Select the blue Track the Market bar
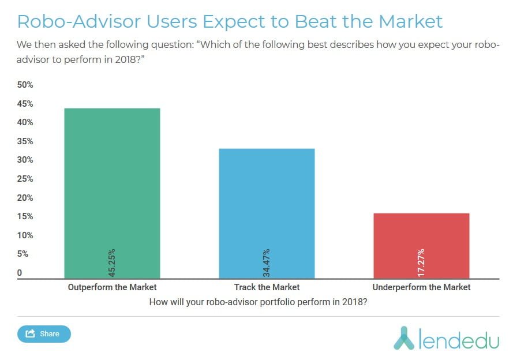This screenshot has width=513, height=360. (x=267, y=213)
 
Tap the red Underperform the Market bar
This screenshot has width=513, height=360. (x=421, y=246)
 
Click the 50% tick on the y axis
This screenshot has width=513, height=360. (x=25, y=85)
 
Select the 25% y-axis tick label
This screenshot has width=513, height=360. (x=25, y=179)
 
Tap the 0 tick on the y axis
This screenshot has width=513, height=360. (x=20, y=273)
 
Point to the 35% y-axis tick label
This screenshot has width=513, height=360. (x=25, y=141)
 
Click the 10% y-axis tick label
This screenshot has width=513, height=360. (x=25, y=235)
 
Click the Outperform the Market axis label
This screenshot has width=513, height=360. (x=112, y=287)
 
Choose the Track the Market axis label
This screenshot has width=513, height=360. (x=267, y=287)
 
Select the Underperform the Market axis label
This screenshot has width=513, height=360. (x=421, y=287)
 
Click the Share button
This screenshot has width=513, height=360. (x=44, y=333)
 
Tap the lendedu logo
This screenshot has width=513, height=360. (x=446, y=337)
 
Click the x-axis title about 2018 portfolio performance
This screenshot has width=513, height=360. (x=258, y=302)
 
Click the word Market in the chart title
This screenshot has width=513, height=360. (x=410, y=21)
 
